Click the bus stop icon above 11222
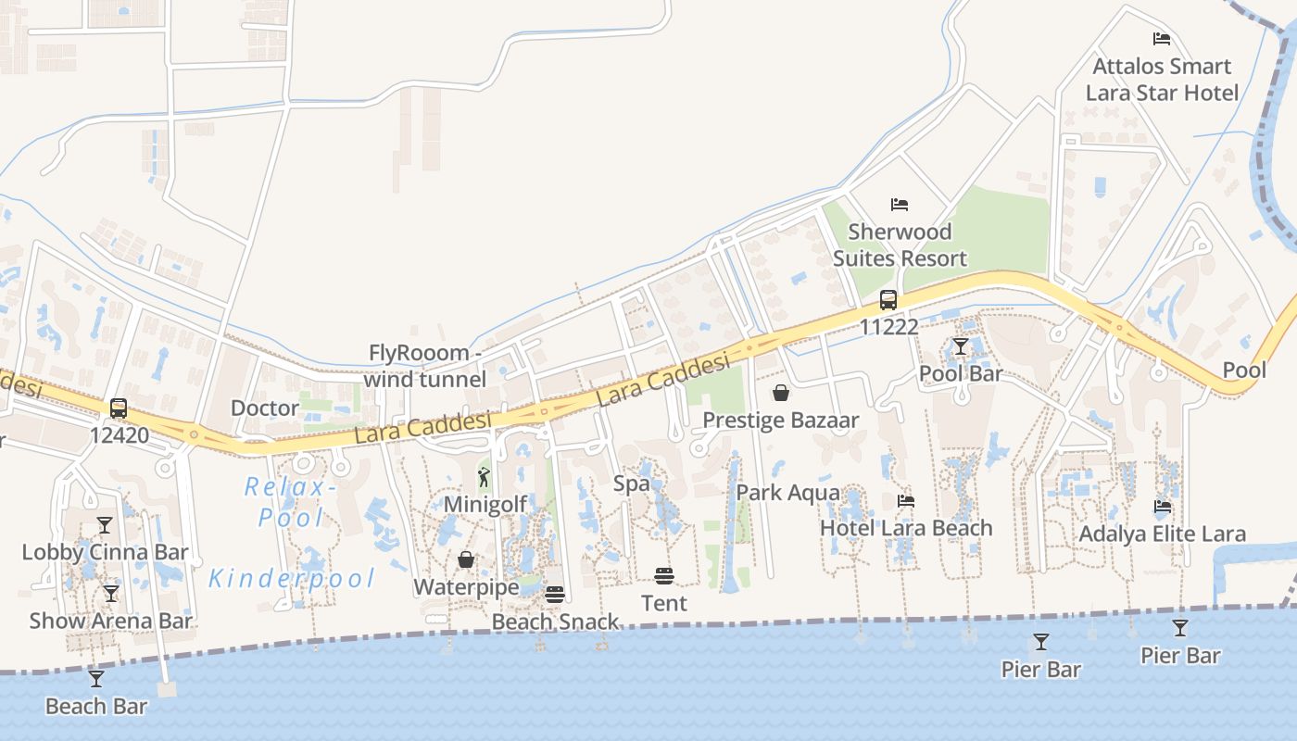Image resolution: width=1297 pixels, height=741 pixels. (888, 299)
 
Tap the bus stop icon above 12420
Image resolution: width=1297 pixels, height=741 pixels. (118, 408)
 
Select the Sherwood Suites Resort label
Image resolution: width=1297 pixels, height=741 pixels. (900, 245)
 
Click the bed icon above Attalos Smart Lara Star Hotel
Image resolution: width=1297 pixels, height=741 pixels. (1161, 39)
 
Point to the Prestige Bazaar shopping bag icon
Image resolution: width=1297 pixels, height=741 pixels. (781, 393)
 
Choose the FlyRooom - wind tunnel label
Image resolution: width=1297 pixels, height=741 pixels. (425, 366)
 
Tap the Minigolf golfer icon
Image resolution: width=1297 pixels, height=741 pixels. (484, 478)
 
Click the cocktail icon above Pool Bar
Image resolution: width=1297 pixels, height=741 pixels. (960, 347)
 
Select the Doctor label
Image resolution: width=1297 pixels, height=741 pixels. (265, 408)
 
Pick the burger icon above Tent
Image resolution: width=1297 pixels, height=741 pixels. (663, 576)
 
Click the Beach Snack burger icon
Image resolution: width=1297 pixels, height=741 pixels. (554, 595)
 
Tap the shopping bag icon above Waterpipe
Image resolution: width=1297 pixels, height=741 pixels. (466, 560)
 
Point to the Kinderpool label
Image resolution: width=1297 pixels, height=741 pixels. (292, 579)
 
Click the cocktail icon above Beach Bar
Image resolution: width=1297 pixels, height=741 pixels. (96, 679)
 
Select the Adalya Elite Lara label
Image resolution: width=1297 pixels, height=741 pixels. (1163, 534)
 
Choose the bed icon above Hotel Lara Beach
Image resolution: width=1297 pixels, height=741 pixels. (906, 501)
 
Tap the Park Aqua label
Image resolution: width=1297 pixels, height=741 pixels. (787, 493)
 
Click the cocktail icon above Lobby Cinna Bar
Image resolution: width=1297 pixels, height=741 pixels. (105, 525)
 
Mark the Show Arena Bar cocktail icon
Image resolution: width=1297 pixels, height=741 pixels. (111, 594)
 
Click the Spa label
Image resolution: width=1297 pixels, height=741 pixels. (632, 484)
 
